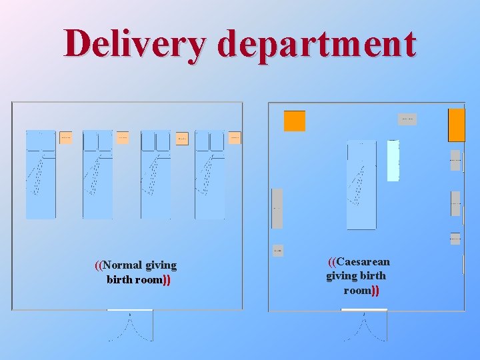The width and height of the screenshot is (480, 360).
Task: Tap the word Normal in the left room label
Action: click(x=118, y=265)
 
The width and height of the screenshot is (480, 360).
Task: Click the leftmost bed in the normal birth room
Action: click(x=41, y=175)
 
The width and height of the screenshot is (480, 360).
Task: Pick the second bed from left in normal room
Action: click(x=97, y=175)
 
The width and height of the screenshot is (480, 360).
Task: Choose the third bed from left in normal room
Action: click(x=155, y=175)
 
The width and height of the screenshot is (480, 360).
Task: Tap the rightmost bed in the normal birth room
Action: click(x=209, y=175)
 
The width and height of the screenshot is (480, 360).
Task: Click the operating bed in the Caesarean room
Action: click(x=361, y=185)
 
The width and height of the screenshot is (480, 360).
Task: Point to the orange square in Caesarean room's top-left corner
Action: click(x=295, y=121)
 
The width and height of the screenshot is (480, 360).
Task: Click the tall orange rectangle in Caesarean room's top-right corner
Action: click(x=456, y=125)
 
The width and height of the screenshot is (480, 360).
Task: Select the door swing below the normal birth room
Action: click(x=130, y=326)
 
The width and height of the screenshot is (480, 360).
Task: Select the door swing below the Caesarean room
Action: click(x=364, y=326)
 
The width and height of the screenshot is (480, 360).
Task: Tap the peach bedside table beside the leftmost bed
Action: click(x=65, y=137)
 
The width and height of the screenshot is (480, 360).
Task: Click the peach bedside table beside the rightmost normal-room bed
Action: click(x=235, y=138)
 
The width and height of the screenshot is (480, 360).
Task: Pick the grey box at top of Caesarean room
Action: click(x=407, y=119)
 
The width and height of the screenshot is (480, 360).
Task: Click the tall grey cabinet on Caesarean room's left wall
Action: click(x=277, y=208)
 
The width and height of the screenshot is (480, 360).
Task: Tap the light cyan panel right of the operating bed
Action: click(x=393, y=161)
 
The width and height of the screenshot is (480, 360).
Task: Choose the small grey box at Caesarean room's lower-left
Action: click(x=278, y=251)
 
